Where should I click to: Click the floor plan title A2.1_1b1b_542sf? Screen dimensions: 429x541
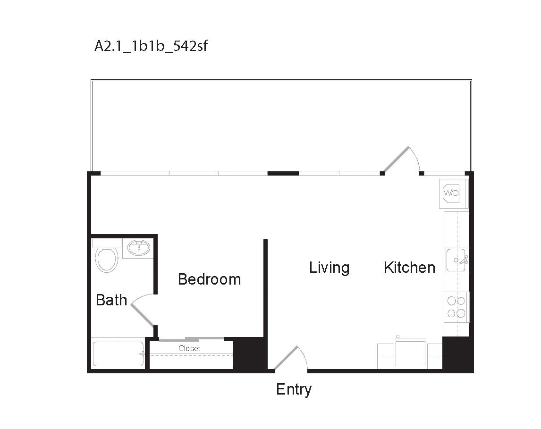(151, 47)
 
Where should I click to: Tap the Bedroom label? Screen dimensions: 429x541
(209, 279)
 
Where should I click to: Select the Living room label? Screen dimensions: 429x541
(329, 268)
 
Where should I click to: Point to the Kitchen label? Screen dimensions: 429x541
(409, 267)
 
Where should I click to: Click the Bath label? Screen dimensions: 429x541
(111, 300)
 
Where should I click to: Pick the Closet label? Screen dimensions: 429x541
(189, 348)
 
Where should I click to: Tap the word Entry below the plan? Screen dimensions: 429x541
(294, 389)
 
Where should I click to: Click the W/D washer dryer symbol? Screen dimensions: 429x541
(451, 193)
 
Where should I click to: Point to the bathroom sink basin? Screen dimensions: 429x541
(138, 247)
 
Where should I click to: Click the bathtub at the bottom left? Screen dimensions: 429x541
(118, 354)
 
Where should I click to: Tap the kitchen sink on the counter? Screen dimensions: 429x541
(456, 260)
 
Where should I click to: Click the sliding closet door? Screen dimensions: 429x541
(191, 339)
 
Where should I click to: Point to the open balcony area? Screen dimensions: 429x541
(281, 125)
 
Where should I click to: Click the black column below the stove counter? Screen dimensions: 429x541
(457, 353)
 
